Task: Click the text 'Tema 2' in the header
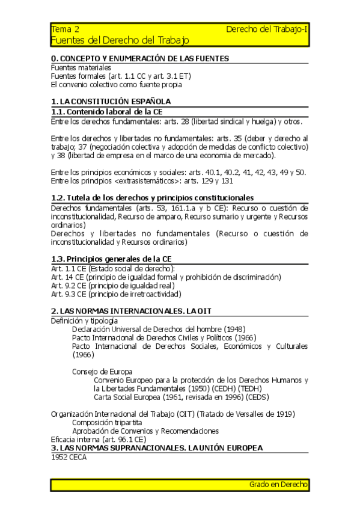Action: (65, 29)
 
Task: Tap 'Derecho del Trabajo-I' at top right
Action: (267, 29)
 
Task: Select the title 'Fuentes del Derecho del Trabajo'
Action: (120, 41)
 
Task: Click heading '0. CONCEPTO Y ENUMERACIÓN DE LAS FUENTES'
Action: (139, 59)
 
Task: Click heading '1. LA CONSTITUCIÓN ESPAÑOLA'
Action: (111, 102)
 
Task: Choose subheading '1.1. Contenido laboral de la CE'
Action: (106, 112)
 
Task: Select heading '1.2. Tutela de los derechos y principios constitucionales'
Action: (153, 198)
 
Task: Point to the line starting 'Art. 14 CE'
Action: (166, 277)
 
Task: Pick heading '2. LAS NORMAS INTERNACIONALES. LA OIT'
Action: (131, 311)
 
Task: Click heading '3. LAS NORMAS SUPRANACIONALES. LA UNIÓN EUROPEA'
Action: (157, 449)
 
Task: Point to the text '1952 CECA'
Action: (69, 458)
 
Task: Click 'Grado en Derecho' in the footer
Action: (278, 484)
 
